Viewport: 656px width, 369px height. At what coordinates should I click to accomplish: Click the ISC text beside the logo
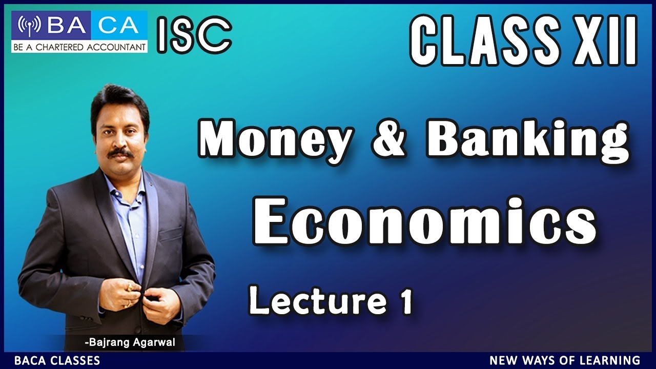tap(194, 35)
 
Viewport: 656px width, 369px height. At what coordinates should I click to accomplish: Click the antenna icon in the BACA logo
tap(30, 25)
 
